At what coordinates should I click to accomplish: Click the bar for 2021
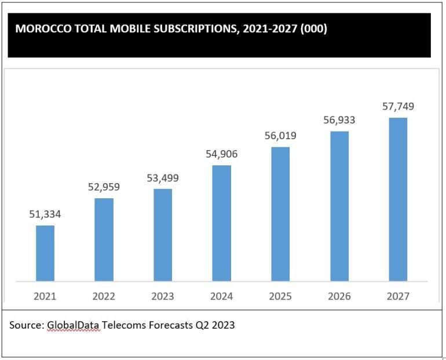45,253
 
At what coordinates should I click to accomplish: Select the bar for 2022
104,239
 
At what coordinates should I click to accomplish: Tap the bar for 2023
163,235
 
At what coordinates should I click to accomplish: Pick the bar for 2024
222,223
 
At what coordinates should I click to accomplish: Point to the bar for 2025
280,214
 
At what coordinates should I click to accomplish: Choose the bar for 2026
339,206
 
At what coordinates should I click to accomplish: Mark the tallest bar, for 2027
398,199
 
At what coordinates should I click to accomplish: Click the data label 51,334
45,214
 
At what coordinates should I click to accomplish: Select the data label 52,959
104,187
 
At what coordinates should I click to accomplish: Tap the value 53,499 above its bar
163,178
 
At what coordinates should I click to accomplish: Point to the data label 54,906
222,154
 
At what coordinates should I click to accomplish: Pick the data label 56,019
280,136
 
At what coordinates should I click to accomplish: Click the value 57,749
398,107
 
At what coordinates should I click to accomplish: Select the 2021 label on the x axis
45,296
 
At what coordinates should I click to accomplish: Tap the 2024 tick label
222,296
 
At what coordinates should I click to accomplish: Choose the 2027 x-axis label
398,296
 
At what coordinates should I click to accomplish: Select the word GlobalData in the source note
73,325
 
